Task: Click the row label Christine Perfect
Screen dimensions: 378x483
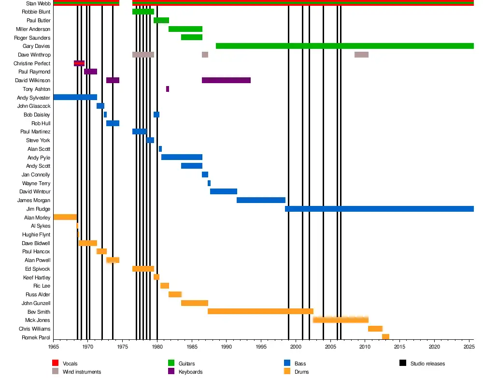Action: point(32,63)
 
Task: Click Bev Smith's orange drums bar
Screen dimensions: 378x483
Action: point(260,311)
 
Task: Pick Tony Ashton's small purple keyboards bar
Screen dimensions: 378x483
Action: point(168,89)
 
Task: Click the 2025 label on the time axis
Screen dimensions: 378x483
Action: point(469,347)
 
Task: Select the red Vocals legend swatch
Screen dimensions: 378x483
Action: point(55,363)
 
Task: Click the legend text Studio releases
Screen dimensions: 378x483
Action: point(427,363)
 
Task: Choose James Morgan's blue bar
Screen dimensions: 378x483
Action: point(261,200)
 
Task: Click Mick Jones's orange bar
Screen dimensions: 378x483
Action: point(341,320)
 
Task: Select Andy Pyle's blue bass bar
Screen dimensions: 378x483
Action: point(182,157)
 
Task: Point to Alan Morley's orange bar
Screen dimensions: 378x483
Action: point(65,217)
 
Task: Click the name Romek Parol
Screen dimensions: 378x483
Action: point(36,337)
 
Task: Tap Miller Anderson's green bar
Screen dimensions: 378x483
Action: point(185,29)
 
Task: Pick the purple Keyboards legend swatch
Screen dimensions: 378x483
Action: point(171,371)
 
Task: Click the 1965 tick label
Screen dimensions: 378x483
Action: point(53,347)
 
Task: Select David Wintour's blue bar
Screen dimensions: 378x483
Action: point(224,191)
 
